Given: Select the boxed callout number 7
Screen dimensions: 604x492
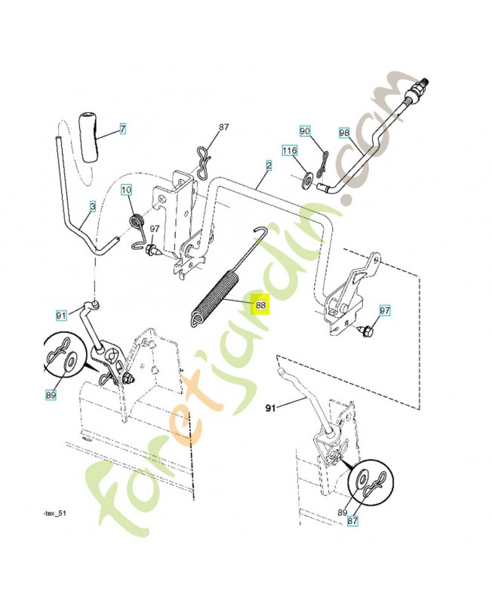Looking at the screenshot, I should coord(123,129).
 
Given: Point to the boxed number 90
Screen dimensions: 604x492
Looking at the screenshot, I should coord(305,131).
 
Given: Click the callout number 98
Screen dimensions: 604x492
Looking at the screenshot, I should coord(344,133).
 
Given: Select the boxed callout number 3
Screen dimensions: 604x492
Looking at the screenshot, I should coord(92,205).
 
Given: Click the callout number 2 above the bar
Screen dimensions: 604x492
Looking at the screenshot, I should coord(268,164).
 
